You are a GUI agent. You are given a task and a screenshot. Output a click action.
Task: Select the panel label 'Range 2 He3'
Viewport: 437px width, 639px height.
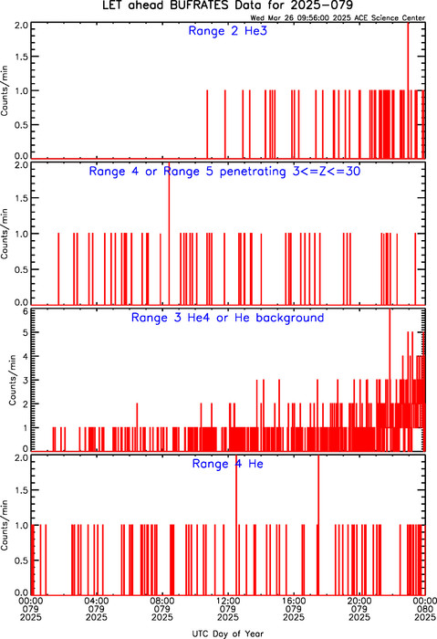228,31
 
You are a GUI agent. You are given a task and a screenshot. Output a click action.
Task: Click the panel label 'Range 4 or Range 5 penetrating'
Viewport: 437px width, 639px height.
187,172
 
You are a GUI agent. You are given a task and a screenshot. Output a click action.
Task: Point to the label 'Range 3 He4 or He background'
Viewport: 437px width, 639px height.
228,318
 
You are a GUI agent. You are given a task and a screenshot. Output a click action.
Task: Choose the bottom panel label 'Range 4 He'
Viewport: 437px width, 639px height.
228,464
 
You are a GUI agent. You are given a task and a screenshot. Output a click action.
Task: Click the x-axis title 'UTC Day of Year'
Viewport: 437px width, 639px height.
228,634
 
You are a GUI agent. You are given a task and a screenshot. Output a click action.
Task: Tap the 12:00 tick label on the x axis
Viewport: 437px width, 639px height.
228,601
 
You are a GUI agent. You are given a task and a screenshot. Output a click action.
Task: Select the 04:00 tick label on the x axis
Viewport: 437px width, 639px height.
97,601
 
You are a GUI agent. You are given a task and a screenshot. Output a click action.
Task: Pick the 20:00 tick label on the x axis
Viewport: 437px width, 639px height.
359,601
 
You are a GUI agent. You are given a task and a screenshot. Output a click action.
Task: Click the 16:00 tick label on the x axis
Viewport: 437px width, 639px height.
294,601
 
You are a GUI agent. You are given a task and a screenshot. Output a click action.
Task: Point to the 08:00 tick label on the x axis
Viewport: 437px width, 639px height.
162,601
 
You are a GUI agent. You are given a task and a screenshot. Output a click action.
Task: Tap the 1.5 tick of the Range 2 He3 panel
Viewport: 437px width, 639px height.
22,57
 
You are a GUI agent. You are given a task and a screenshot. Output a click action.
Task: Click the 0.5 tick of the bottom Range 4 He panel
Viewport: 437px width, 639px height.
22,560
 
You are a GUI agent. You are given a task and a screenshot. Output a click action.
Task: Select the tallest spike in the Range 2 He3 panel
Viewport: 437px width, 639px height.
408,90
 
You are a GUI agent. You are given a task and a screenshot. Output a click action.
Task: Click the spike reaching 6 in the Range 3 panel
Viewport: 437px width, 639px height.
390,380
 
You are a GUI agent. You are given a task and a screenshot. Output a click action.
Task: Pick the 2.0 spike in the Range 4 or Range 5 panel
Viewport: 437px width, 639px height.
169,234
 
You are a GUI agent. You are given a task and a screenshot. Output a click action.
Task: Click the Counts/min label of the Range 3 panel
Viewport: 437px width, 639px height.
13,380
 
